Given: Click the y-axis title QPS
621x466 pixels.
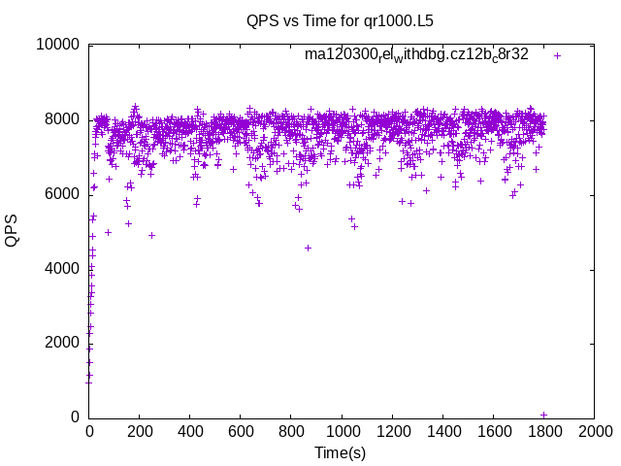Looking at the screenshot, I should (13, 230).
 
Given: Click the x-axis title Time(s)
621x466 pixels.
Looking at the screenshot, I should (340, 452).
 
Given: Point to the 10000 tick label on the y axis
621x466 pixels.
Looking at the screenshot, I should (57, 45).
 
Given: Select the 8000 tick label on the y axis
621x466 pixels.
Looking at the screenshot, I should (61, 119).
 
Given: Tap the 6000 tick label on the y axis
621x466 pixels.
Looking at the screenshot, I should (61, 194).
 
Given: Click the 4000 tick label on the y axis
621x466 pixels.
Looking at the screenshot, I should (61, 268).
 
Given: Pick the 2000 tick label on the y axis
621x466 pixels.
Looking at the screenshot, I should (61, 343).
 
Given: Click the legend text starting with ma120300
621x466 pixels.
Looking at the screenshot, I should (416, 55).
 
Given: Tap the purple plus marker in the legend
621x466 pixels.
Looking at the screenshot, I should (557, 55).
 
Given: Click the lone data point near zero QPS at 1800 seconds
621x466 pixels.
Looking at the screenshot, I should (543, 415).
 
